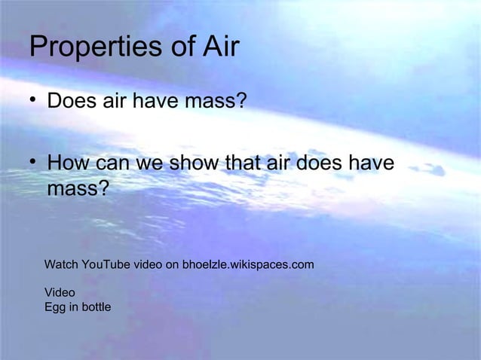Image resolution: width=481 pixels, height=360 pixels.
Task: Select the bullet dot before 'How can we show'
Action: pos(34,163)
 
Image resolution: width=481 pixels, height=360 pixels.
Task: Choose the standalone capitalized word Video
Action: pos(60,292)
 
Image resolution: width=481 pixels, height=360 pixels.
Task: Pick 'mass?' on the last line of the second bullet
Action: pos(78,188)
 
